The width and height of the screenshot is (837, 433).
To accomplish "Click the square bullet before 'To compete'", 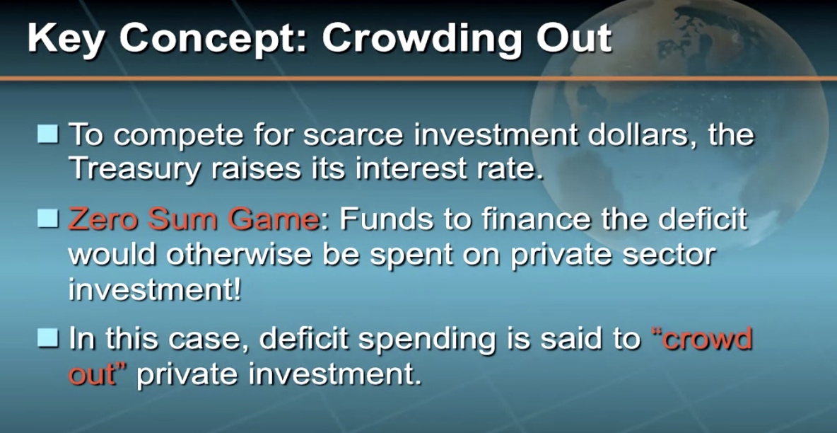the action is (x=48, y=134).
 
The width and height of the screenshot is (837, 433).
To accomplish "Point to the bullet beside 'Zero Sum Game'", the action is (x=48, y=219).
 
